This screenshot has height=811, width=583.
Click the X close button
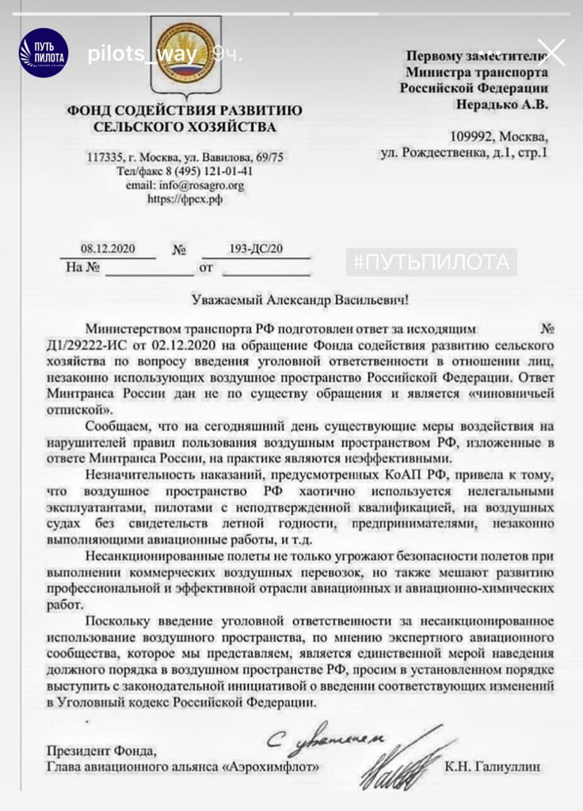point(551,53)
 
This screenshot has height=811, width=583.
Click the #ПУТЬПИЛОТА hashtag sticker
point(431,262)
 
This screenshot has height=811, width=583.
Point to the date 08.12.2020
point(109,249)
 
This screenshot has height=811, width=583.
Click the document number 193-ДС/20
point(254,249)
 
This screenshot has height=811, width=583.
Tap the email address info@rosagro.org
point(185,185)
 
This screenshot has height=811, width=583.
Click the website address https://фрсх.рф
point(185,199)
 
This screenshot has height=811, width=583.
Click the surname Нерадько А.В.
point(501,104)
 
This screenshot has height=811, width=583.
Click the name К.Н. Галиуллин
point(496,767)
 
